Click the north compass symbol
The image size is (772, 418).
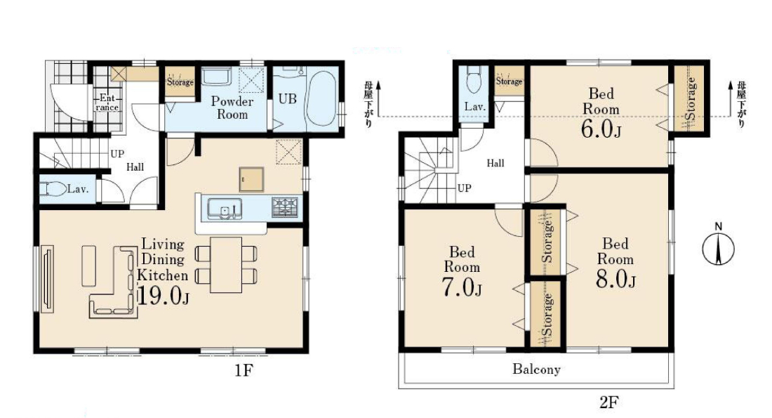[x=719, y=247]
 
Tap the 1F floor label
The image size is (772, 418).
[x=244, y=370]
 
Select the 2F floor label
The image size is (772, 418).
[x=608, y=403]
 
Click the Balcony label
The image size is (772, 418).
[x=536, y=370]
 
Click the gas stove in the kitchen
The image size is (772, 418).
[x=285, y=207]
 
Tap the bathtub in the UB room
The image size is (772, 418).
[x=321, y=98]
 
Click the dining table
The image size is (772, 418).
[x=226, y=265]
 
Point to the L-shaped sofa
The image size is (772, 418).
[x=113, y=282]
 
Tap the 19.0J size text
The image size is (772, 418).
[x=163, y=295]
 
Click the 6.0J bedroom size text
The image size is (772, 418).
[x=601, y=129]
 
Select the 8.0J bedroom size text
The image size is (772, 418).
[x=615, y=279]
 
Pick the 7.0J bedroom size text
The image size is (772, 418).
[x=461, y=287]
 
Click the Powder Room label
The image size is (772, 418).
[x=232, y=108]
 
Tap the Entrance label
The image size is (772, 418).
[x=107, y=102]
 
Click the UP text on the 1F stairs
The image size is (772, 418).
[x=117, y=153]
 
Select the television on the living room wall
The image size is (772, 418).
[x=47, y=279]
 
